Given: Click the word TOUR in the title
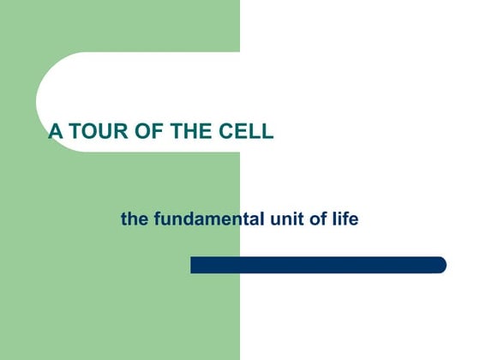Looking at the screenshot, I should (x=92, y=132).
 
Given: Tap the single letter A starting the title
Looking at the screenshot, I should (x=54, y=132).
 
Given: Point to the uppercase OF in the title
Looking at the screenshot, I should (x=142, y=132).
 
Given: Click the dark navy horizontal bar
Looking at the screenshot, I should (x=317, y=265).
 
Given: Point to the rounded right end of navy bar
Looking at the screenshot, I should (x=441, y=265).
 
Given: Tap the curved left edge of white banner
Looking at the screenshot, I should (x=39, y=102).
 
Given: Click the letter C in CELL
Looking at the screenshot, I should (x=233, y=132).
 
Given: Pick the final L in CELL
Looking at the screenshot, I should (x=268, y=132).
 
